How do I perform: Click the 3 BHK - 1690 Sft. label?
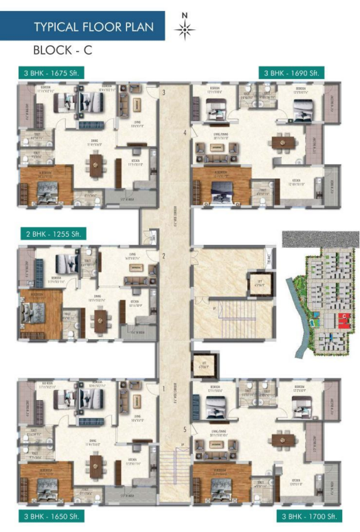click(291, 73)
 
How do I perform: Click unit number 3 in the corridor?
click(164, 92)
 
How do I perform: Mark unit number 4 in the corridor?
click(185, 132)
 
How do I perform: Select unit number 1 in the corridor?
click(164, 389)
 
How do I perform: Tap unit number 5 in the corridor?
click(185, 430)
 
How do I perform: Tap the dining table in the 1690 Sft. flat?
click(280, 143)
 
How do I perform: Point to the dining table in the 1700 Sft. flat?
click(280, 439)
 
